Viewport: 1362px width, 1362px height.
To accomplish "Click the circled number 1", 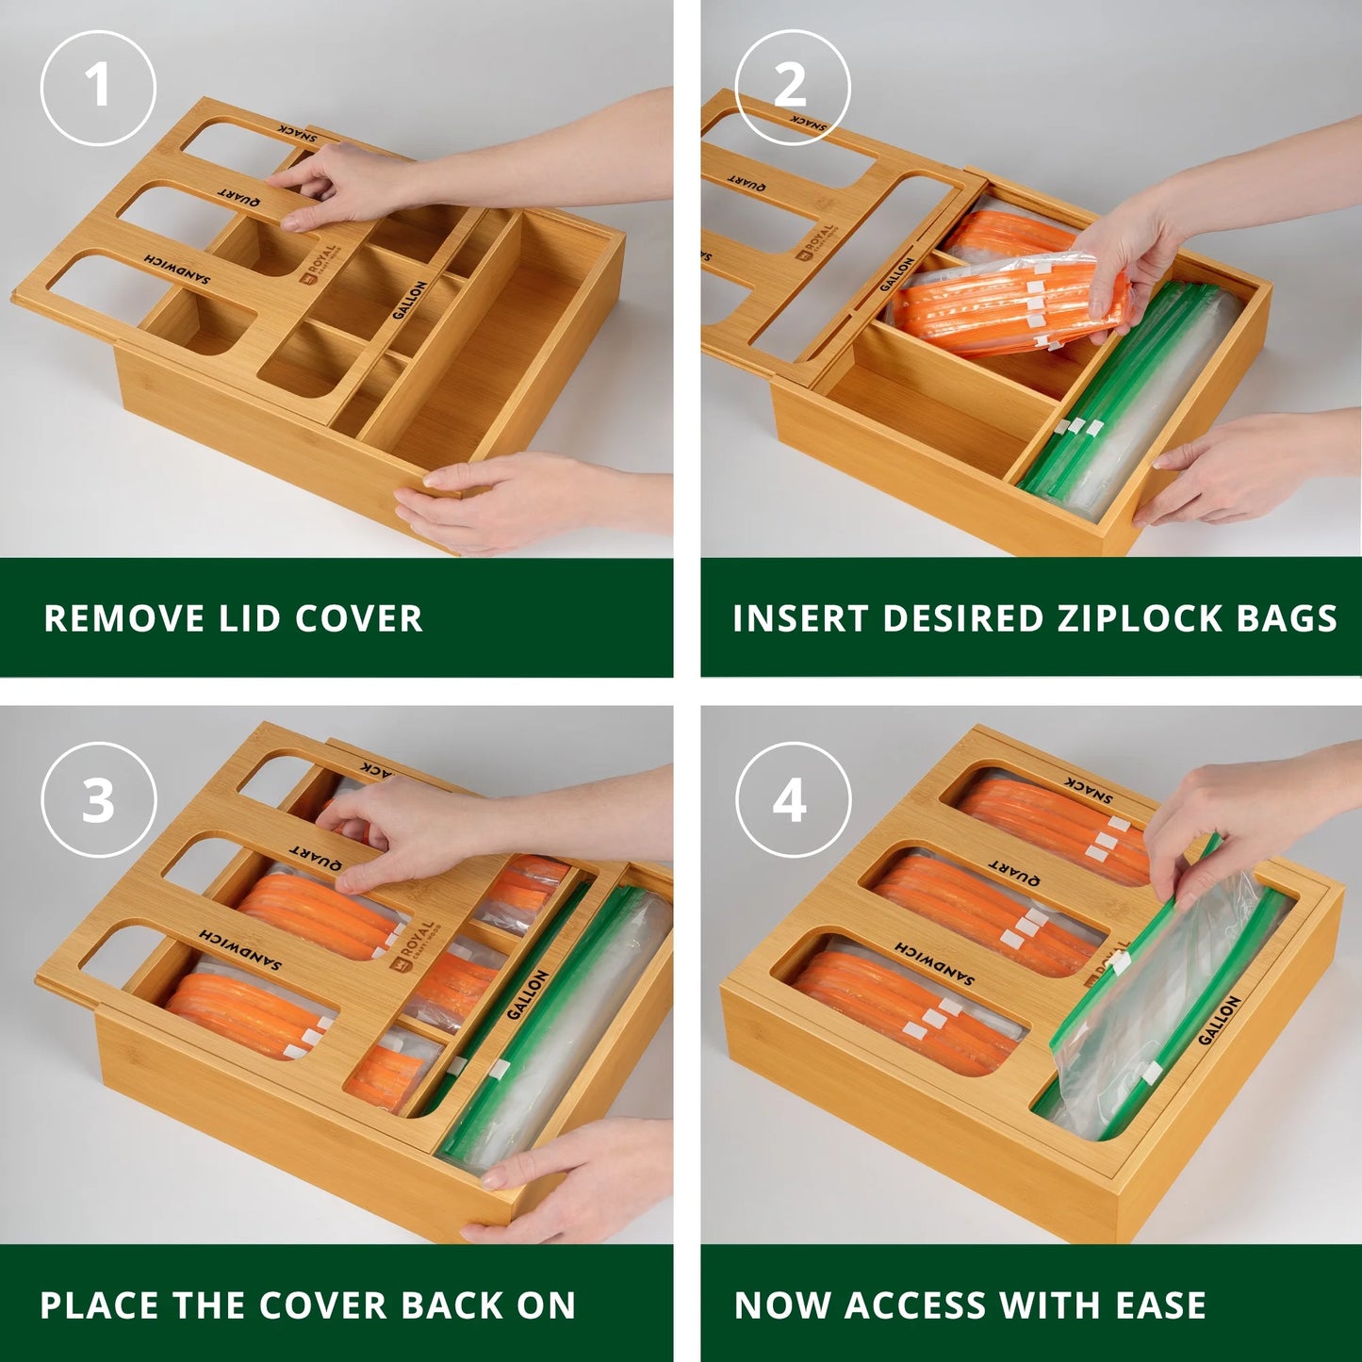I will point(98,88).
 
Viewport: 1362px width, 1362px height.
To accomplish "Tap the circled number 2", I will point(792,88).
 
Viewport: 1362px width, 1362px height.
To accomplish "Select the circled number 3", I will point(98,800).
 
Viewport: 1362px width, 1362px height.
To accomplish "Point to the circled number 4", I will point(792,800).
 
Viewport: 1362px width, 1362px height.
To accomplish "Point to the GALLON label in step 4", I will point(1219,1020).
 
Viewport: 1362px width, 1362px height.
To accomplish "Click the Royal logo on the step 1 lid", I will point(318,264).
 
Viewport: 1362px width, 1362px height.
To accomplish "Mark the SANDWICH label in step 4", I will point(934,961).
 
